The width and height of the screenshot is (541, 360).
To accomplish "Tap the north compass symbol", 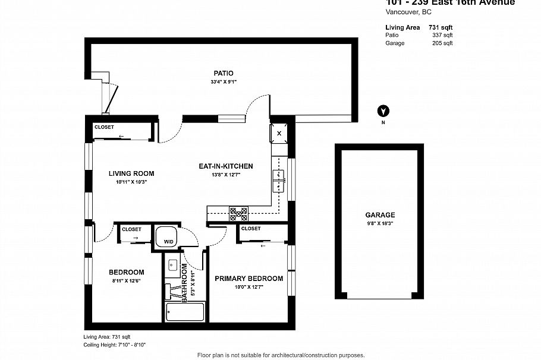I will [x=383, y=111].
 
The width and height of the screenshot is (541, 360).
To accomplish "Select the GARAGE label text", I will [x=380, y=215].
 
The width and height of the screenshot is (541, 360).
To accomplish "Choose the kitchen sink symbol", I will [x=278, y=181].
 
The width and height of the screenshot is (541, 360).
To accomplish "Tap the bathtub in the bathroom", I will [x=185, y=311].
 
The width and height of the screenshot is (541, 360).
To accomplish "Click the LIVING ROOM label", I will [x=131, y=174].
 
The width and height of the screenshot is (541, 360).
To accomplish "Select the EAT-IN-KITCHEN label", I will [x=225, y=166].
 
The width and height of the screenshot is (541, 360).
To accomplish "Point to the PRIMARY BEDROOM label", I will [x=249, y=279].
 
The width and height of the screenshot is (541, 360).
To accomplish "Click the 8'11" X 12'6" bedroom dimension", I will [x=126, y=280].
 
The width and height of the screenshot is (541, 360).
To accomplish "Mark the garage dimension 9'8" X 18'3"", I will [x=380, y=223].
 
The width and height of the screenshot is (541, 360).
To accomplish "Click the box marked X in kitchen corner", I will [x=279, y=133].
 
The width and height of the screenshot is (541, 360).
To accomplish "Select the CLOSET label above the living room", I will [x=104, y=127].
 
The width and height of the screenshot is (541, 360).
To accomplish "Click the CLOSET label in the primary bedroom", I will [x=251, y=229].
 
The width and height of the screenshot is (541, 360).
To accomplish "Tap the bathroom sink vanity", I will [x=172, y=266].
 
